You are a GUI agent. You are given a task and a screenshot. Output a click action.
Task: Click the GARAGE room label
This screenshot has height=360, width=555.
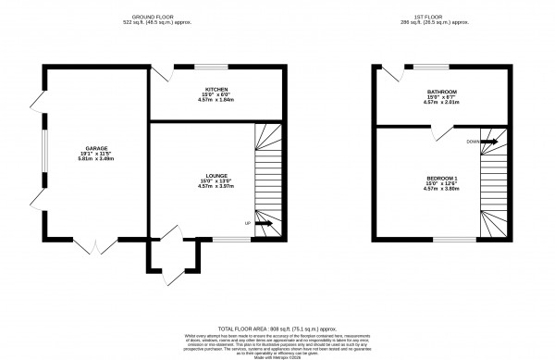[x=96, y=148]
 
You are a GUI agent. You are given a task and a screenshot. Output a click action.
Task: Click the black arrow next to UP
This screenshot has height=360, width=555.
[x=263, y=223]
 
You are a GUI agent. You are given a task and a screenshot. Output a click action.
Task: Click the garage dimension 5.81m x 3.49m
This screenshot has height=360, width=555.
[x=96, y=159]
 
